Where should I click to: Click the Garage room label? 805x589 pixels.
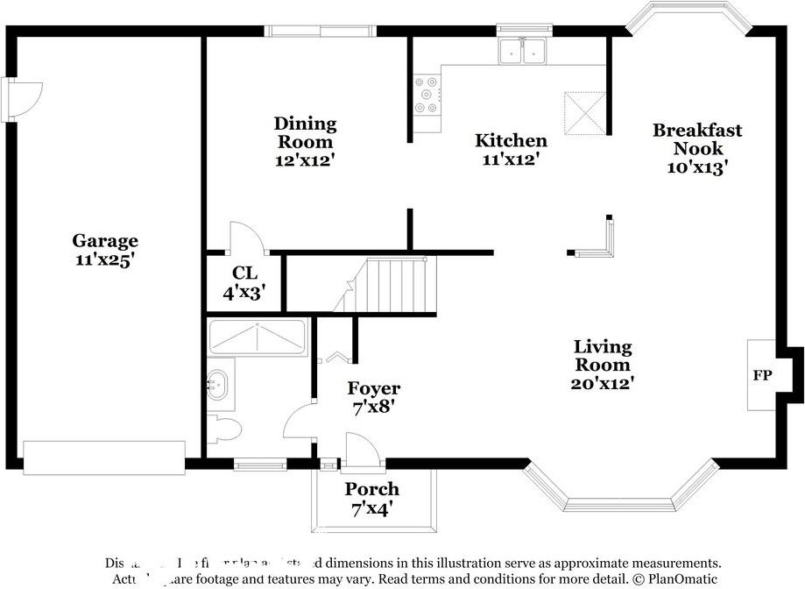click(x=104, y=240)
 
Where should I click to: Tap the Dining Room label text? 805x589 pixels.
click(x=305, y=132)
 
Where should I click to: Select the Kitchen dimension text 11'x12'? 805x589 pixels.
click(x=510, y=160)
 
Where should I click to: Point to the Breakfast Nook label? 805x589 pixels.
click(x=696, y=139)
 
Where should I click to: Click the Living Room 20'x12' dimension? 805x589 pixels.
click(x=603, y=383)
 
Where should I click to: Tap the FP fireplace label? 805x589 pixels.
click(x=762, y=375)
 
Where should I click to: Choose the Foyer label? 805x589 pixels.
click(x=374, y=388)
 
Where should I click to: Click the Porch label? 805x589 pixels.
click(x=371, y=489)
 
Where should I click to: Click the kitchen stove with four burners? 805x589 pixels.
click(x=427, y=96)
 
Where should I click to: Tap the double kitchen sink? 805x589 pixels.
click(x=522, y=52)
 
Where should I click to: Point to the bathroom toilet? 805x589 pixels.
click(x=226, y=429)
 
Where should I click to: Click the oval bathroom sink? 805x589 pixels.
click(x=217, y=384)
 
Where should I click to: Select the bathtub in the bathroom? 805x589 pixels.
click(x=258, y=337)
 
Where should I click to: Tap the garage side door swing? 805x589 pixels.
click(x=25, y=97)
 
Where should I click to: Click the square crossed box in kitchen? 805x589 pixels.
click(x=583, y=110)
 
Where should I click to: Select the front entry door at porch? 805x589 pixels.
click(x=361, y=451)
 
